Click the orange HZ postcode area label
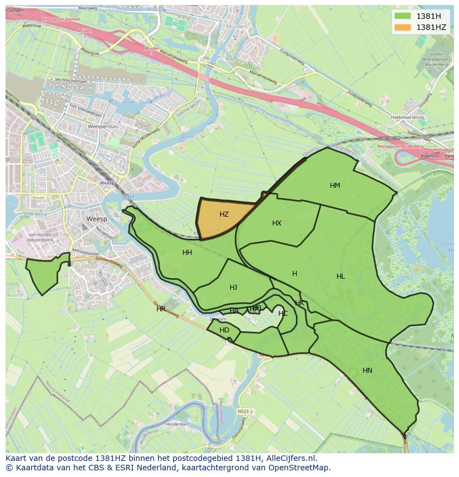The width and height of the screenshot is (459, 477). (x=224, y=214)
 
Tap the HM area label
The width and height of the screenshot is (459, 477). (x=335, y=186)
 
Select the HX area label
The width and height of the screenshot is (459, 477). (x=277, y=223)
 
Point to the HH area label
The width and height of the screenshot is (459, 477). (x=187, y=253)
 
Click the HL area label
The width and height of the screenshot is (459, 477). (x=340, y=276)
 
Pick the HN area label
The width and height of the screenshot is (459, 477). (x=367, y=371)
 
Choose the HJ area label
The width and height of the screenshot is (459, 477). (x=233, y=288)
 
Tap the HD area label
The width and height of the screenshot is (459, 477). (x=224, y=330)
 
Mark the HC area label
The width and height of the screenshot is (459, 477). (x=283, y=314)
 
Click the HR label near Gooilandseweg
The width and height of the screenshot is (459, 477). (x=161, y=309)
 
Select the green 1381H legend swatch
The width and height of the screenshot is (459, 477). (x=403, y=16)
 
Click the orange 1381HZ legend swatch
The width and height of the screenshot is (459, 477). (x=403, y=27)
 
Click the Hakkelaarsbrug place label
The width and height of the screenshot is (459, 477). (x=407, y=117)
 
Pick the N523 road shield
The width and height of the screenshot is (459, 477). (x=242, y=411)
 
